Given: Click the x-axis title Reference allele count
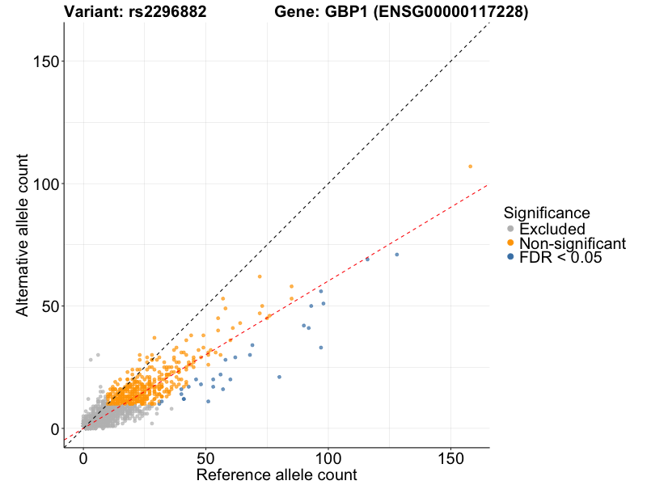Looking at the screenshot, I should tap(277, 474).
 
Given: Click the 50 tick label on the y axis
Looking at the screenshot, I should tap(48, 306).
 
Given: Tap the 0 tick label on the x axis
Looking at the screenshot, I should tap(83, 458).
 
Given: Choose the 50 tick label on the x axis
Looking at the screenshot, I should tap(206, 458).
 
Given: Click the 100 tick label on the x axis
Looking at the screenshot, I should tap(328, 458).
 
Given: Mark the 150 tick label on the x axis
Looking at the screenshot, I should tap(450, 458).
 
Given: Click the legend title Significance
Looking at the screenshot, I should tap(546, 213).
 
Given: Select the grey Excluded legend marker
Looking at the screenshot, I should tap(510, 230).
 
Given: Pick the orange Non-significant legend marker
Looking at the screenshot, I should tap(510, 243).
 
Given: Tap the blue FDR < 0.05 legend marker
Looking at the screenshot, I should tap(510, 257).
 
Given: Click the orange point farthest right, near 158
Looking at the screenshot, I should tap(470, 167).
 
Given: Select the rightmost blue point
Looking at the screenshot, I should tap(396, 255).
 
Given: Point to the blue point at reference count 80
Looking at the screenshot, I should tap(279, 377).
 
